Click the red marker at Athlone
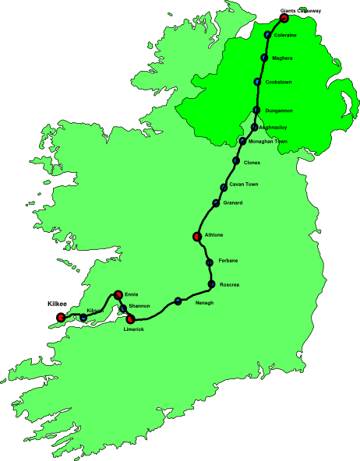196,236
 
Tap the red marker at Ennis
118,294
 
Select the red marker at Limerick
130,319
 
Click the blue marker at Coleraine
268,35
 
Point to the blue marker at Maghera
264,58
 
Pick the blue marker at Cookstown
257,82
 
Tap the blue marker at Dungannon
256,110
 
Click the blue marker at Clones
236,161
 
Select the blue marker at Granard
216,203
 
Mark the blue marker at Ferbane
210,262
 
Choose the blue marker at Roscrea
211,284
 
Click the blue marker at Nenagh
178,301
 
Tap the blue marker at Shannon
123,308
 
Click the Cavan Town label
242,185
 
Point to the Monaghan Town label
269,142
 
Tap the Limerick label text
133,330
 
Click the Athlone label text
214,234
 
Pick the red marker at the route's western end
60,317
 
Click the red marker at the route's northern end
284,17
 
